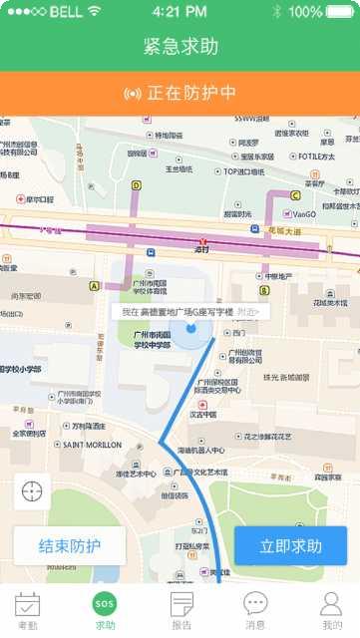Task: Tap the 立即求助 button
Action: [290, 546]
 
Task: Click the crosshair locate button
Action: [32, 491]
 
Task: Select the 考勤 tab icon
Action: [27, 604]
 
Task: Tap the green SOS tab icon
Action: [105, 603]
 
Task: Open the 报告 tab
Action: [181, 604]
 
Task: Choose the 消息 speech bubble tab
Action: [256, 604]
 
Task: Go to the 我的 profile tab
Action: [332, 604]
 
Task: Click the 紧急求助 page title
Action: [180, 47]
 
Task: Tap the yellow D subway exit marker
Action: [137, 184]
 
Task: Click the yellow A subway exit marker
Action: [95, 285]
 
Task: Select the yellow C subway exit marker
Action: [295, 195]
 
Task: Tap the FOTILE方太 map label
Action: [315, 157]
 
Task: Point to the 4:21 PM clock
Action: [180, 12]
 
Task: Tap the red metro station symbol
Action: [203, 241]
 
